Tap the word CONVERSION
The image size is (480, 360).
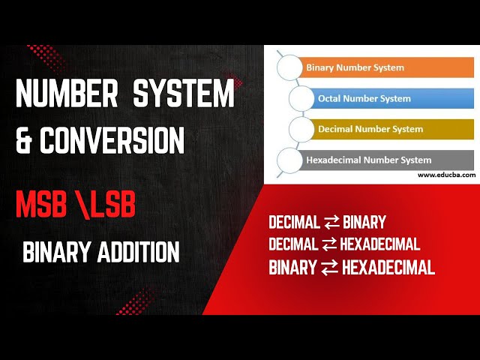click(119, 140)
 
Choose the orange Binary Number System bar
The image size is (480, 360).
click(386, 67)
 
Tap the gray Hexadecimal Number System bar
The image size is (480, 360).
click(382, 160)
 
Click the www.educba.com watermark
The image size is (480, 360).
click(446, 175)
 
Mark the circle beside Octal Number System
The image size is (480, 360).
click(301, 99)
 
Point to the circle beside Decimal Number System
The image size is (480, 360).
click(301, 128)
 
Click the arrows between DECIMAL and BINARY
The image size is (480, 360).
click(331, 223)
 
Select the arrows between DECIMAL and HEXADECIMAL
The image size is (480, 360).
click(329, 244)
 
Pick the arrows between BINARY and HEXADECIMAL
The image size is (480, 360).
click(329, 268)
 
